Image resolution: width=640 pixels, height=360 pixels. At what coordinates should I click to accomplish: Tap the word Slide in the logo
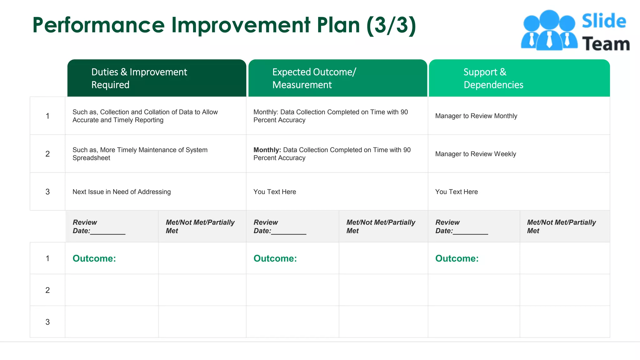[604, 21]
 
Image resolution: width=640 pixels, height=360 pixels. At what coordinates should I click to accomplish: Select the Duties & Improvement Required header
[139, 78]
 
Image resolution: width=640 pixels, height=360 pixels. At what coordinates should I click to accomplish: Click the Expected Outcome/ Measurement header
[314, 78]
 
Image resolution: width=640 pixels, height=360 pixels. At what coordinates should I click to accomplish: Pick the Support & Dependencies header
[493, 78]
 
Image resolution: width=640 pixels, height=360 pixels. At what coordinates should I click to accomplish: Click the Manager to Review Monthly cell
[476, 116]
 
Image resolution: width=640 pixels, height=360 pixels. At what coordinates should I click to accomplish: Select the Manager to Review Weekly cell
[475, 154]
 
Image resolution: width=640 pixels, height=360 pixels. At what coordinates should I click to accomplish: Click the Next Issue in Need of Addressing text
[122, 192]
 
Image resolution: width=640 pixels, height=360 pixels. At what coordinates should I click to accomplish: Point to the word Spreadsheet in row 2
[91, 158]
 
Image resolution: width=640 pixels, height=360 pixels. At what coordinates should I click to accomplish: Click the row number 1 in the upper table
[47, 116]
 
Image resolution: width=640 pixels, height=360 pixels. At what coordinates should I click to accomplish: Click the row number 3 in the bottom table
[47, 322]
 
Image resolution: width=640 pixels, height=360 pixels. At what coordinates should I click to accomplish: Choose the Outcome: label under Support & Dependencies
[457, 259]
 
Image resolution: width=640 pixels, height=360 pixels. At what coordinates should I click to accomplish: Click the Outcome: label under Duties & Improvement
[94, 259]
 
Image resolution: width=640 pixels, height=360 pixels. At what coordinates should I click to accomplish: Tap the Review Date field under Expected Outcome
[280, 227]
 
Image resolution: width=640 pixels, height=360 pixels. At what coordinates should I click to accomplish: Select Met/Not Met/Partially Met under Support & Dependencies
[561, 227]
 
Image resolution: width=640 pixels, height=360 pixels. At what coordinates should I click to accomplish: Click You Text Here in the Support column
[456, 192]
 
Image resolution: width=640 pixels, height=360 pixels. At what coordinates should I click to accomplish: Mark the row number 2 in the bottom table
[47, 290]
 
